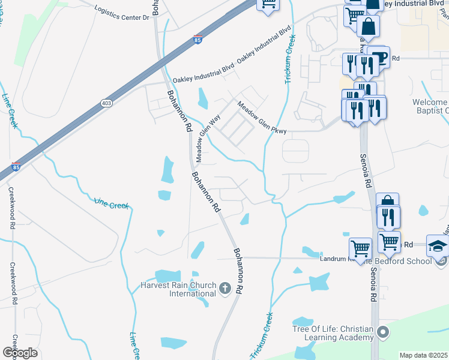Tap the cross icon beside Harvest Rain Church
pyautogui.click(x=225, y=289)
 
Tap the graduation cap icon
pyautogui.click(x=437, y=245)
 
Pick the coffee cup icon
pyautogui.click(x=379, y=58)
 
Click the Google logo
pyautogui.click(x=20, y=352)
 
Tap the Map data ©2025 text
pyautogui.click(x=423, y=355)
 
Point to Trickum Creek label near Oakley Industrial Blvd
pyautogui.click(x=291, y=59)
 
